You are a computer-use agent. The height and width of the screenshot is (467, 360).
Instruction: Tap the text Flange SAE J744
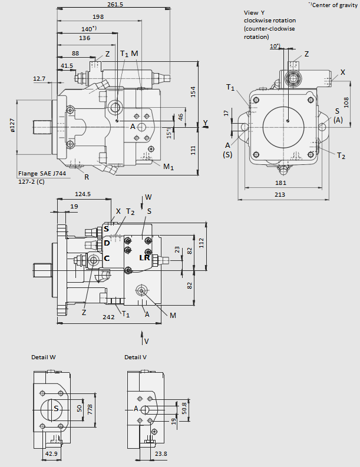coord(42,173)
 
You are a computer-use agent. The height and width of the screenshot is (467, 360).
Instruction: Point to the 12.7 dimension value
coord(39,78)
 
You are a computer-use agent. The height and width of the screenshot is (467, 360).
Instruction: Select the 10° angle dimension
coord(275,46)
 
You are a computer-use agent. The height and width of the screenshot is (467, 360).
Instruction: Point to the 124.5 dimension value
coord(82,194)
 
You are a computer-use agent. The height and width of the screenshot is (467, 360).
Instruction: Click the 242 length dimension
coord(107,317)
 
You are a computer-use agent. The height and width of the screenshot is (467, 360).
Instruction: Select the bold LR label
coord(144,258)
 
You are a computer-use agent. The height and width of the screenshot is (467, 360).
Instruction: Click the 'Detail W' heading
coord(44,357)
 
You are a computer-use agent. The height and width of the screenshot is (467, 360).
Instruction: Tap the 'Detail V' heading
coord(136,357)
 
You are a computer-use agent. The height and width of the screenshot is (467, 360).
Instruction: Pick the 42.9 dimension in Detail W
coord(52,454)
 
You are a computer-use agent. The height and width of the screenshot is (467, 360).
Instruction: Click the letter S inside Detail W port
coord(56,408)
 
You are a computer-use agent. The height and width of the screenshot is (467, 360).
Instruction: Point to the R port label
coord(86,177)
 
